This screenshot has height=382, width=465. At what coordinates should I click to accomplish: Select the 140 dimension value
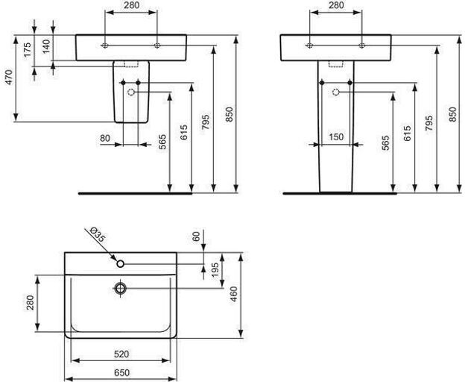tap(46, 47)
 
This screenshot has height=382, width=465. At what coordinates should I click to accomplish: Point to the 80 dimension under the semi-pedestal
tap(104, 139)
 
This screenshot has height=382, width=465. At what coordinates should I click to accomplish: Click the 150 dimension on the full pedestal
tap(336, 137)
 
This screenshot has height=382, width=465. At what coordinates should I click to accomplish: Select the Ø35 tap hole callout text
tap(98, 236)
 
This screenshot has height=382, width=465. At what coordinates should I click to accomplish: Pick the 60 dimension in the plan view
tap(197, 237)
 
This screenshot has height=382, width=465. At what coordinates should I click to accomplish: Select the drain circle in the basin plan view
tap(120, 287)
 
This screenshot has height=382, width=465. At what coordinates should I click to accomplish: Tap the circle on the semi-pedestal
tap(132, 93)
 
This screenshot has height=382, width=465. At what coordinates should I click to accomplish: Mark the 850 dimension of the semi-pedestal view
tap(230, 113)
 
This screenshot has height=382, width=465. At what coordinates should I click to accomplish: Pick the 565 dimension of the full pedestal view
tap(386, 143)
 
